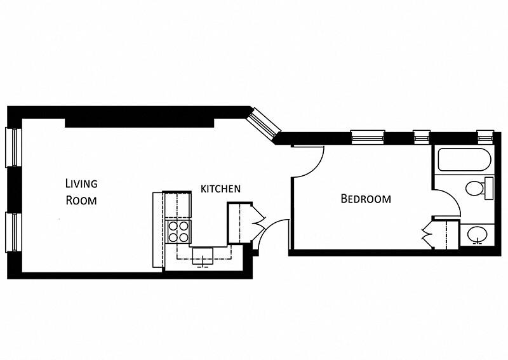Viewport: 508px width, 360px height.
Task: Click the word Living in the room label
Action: tap(81, 183)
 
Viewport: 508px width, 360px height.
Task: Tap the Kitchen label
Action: tap(220, 189)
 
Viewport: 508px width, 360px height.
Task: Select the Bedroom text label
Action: tap(366, 198)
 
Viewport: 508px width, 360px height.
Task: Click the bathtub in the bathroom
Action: tap(464, 160)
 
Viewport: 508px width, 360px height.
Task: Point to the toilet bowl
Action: tap(475, 189)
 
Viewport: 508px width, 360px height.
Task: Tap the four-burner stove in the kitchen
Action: tap(178, 231)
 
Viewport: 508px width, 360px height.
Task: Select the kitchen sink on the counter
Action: tap(203, 256)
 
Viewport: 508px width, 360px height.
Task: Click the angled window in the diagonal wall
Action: tap(263, 123)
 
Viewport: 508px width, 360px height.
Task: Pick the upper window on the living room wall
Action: tap(13, 147)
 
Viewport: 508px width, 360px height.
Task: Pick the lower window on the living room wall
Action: tap(13, 232)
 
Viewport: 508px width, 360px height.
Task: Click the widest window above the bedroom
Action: tap(368, 137)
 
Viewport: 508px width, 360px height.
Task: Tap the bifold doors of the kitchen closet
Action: tap(258, 223)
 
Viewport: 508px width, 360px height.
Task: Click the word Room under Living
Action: tap(81, 200)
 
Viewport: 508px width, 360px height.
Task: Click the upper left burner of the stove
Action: tap(173, 225)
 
